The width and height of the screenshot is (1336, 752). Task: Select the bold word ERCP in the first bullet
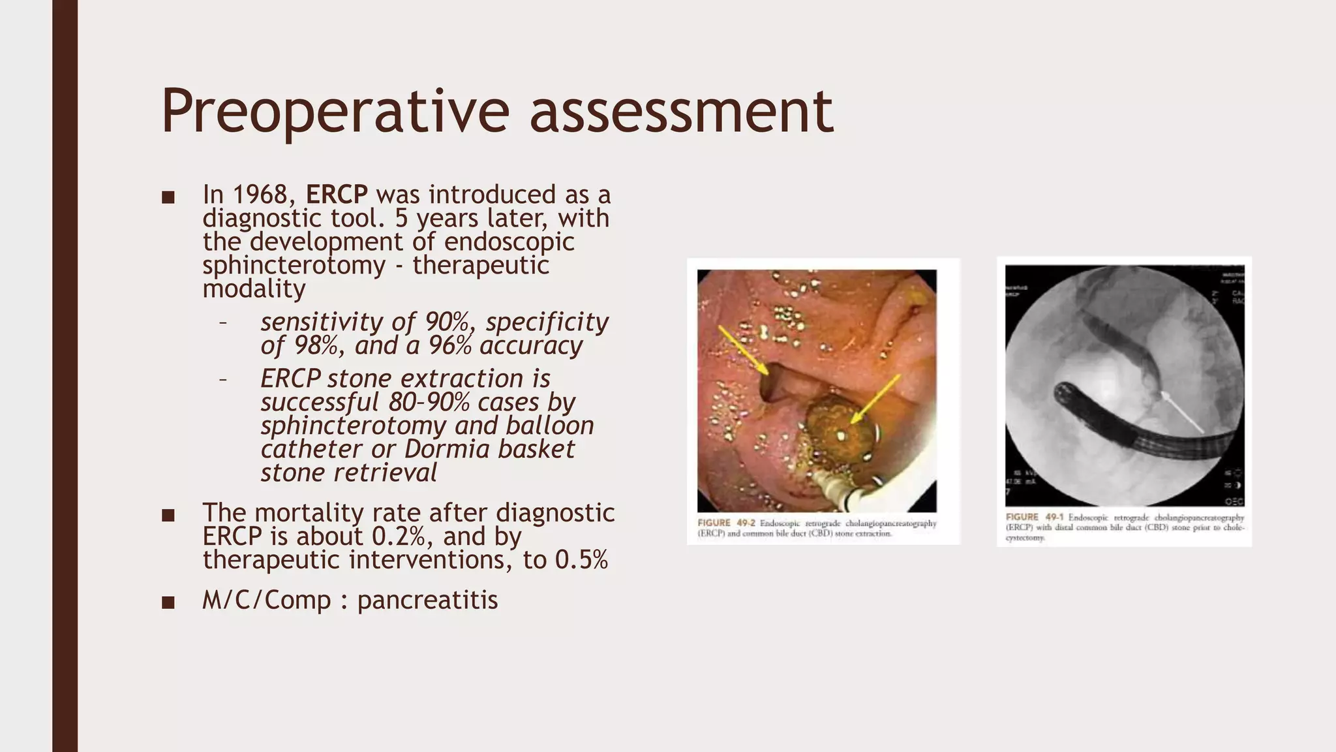click(x=337, y=195)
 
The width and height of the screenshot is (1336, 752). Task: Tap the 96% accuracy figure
click(x=449, y=345)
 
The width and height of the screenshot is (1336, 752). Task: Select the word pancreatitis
click(x=427, y=600)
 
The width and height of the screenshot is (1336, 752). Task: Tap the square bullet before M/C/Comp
click(x=168, y=602)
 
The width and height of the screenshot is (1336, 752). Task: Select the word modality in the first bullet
click(x=254, y=289)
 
